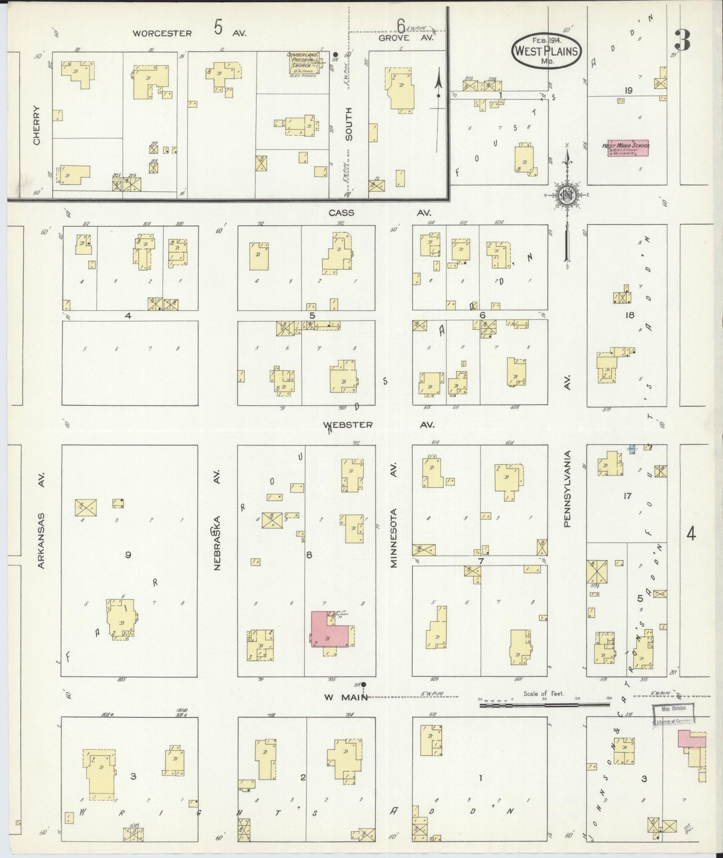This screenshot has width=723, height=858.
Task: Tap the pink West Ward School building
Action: [628, 148]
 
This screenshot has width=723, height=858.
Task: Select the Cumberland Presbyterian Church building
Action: [304, 63]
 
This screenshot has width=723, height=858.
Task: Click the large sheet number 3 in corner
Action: [681, 39]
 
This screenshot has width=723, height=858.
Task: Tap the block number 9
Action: [128, 554]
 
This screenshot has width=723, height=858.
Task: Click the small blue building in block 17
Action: [631, 450]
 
